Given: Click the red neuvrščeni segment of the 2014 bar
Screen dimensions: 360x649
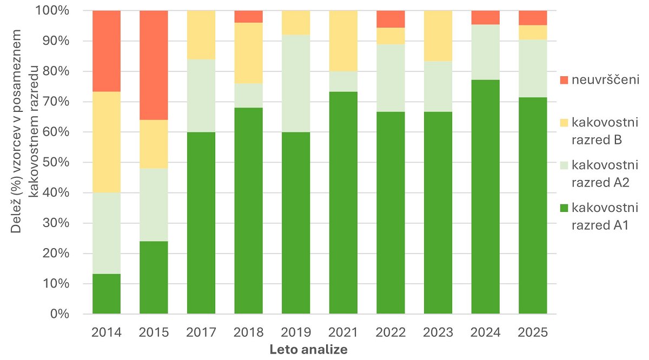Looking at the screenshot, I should (x=107, y=51).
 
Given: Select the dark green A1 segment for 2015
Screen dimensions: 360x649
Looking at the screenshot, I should (x=154, y=277).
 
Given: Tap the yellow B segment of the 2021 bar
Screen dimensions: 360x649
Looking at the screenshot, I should (x=343, y=41).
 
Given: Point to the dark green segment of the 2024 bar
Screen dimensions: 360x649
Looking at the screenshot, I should (x=486, y=197).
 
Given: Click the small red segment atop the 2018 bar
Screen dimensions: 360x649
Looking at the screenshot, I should (x=249, y=16).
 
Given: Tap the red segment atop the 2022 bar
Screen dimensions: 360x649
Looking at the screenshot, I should (x=390, y=19).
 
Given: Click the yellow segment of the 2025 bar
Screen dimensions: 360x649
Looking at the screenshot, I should (x=533, y=32).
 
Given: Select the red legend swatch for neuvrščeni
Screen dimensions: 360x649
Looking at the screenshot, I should (x=564, y=80).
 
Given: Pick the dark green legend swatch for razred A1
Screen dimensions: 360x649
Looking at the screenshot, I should (x=564, y=208).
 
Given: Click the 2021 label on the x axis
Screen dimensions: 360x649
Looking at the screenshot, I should (x=343, y=331).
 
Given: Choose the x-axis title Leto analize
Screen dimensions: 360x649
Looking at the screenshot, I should (x=308, y=350).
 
